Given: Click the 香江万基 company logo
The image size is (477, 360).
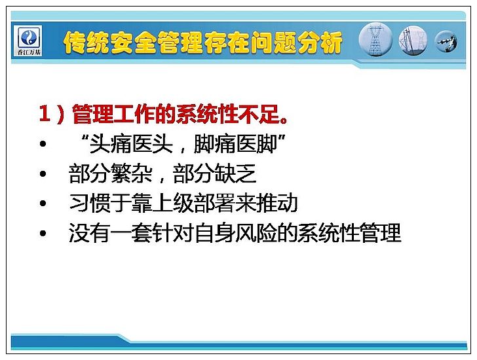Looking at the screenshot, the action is (x=29, y=41).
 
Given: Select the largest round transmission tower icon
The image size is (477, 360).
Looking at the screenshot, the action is (x=375, y=41).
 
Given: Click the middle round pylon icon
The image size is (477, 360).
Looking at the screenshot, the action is (x=413, y=41).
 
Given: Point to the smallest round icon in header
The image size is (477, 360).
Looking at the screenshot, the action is (x=446, y=41).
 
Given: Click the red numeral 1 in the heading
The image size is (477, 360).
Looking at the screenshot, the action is (x=45, y=115).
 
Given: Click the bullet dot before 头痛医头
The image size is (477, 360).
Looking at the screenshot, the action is (x=43, y=144).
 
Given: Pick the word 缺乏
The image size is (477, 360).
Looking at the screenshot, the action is (x=235, y=173).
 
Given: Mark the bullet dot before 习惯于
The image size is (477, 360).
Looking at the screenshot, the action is (x=43, y=204).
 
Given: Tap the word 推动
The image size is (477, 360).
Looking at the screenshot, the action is (x=277, y=203).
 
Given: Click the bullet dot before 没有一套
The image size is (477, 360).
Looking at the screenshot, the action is (x=43, y=233).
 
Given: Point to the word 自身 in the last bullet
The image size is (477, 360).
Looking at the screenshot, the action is (x=214, y=233).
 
